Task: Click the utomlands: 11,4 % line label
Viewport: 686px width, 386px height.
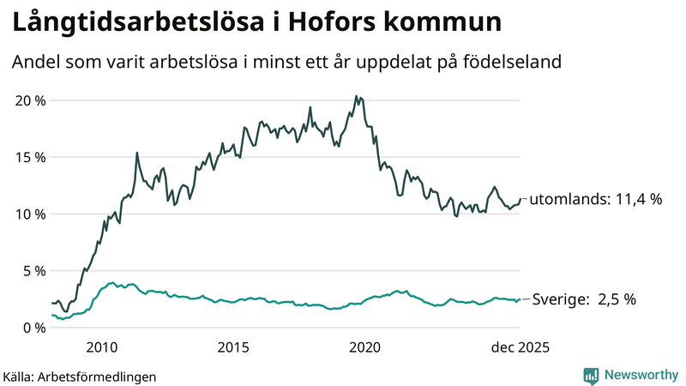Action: (x=596, y=199)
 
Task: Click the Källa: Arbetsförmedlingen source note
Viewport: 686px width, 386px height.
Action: (x=80, y=376)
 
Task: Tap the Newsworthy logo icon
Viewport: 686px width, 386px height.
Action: (x=592, y=375)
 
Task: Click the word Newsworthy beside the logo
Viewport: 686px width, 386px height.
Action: (x=639, y=375)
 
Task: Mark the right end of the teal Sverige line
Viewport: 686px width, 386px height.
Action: (x=520, y=299)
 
